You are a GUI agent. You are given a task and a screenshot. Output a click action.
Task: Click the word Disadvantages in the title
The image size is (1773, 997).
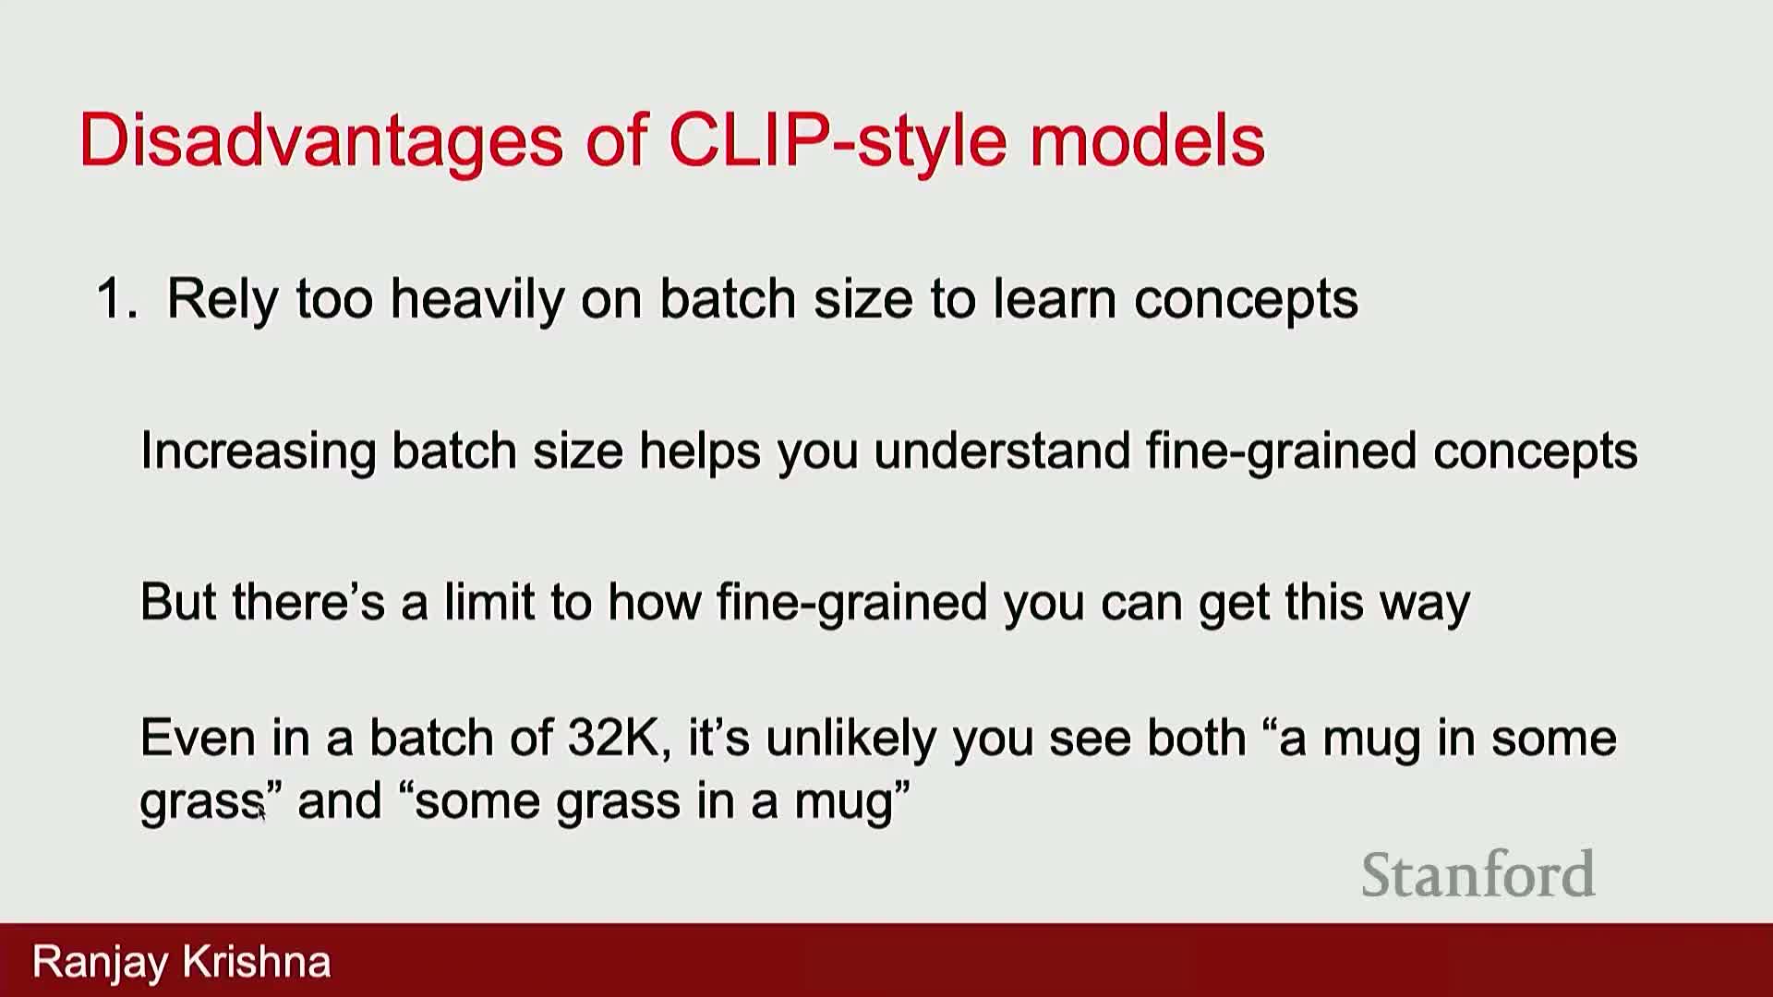(x=321, y=141)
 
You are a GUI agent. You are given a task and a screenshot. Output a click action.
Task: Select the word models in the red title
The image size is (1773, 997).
(x=1147, y=140)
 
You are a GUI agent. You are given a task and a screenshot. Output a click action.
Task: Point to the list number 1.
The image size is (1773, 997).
(x=116, y=299)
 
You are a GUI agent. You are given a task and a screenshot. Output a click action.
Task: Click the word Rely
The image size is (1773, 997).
(x=222, y=301)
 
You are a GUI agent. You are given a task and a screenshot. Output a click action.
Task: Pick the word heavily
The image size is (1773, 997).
(x=476, y=301)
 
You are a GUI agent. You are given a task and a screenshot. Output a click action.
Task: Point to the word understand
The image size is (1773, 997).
(x=1001, y=450)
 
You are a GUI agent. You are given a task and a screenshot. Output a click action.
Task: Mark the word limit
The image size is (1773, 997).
(x=488, y=602)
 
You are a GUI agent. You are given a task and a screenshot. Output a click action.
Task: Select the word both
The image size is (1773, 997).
(x=1196, y=739)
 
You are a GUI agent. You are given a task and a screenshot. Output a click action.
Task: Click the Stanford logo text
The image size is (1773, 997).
(x=1477, y=874)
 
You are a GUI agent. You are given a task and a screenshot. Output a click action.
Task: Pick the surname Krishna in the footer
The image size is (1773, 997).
(x=256, y=962)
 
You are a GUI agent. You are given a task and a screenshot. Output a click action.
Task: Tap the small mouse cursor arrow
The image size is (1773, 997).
(x=261, y=811)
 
